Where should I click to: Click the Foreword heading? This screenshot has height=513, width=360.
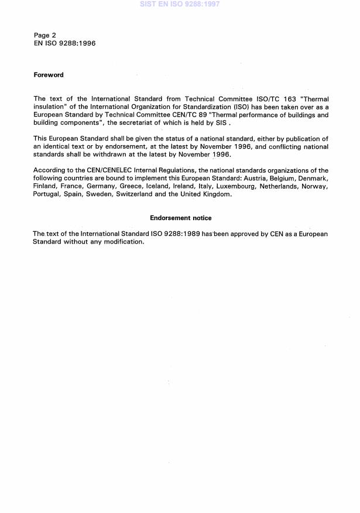coord(49,75)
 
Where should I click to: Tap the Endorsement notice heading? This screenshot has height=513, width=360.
coord(180,218)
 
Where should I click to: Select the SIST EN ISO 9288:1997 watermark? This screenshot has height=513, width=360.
coord(180,4)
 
